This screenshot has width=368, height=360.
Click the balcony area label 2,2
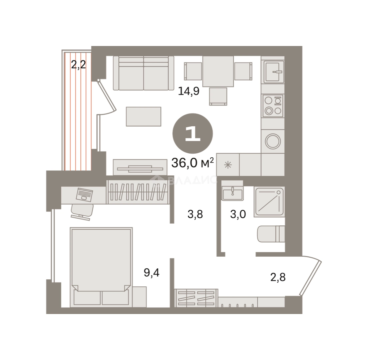(x=78, y=65)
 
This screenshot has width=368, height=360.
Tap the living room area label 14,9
(x=189, y=91)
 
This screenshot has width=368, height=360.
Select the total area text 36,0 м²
(x=193, y=163)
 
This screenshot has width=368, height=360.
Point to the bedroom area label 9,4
(x=152, y=273)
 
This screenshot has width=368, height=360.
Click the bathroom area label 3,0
(x=238, y=214)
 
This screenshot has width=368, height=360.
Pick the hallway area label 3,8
(x=195, y=214)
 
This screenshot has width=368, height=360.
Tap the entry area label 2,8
(x=278, y=277)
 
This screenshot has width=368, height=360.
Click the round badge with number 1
(x=193, y=134)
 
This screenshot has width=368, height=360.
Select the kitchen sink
(x=274, y=72)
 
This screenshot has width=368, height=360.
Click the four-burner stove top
(x=273, y=106)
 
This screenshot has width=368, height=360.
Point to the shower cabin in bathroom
(x=269, y=202)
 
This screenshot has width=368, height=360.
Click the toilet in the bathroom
(x=271, y=234)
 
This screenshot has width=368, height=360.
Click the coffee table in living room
(x=143, y=116)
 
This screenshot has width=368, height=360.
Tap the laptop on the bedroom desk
(x=84, y=195)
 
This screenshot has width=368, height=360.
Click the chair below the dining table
(x=218, y=96)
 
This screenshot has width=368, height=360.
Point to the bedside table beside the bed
(x=139, y=297)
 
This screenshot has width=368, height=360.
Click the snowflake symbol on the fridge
(x=228, y=165)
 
